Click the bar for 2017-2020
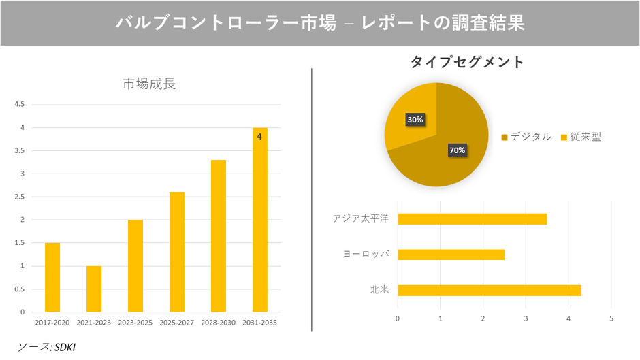click(x=52, y=277)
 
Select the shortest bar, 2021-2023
click(x=94, y=289)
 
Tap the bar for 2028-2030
click(x=218, y=235)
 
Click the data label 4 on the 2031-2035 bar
click(x=259, y=137)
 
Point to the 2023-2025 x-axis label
click(x=135, y=323)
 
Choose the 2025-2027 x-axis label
click(x=177, y=323)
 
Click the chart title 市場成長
click(x=149, y=84)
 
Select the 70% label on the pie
click(x=457, y=150)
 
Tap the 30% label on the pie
click(x=415, y=120)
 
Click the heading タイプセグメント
click(x=467, y=62)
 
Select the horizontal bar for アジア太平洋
click(x=472, y=219)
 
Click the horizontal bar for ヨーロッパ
click(x=451, y=255)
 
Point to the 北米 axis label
click(x=379, y=291)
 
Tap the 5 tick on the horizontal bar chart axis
click(x=611, y=318)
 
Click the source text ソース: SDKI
click(x=47, y=347)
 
